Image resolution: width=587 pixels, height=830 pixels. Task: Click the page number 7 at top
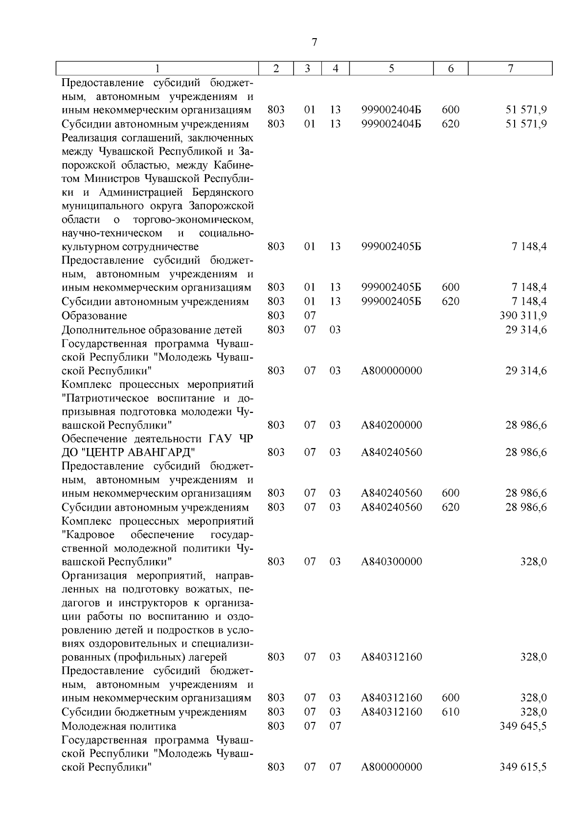314,43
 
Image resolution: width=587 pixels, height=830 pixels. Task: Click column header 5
392,69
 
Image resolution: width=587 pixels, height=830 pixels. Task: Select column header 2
276,69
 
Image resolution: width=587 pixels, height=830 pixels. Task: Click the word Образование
94,316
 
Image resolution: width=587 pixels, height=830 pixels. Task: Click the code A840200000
391,425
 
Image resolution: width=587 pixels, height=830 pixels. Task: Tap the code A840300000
391,561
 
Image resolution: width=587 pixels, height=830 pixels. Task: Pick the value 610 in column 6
451,712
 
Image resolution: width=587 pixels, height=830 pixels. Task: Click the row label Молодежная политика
118,726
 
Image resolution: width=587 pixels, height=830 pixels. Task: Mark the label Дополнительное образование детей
152,330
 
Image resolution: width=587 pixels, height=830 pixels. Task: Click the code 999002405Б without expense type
391,247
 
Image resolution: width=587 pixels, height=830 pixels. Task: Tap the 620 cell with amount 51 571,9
451,124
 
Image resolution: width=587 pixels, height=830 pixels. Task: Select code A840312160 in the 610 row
391,712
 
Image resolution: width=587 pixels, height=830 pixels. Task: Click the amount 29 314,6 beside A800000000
526,371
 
